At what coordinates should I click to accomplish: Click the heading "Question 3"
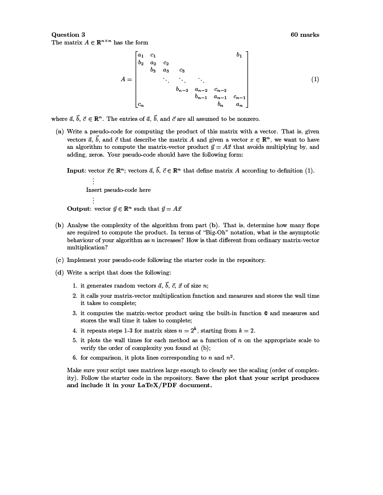pos(68,35)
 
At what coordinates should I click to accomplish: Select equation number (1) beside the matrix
pos(315,79)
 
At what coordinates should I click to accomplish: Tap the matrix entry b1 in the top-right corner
pos(239,55)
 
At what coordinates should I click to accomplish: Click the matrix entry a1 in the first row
pos(140,55)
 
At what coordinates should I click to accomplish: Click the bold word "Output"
pos(79,209)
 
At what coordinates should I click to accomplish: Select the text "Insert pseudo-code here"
pos(118,190)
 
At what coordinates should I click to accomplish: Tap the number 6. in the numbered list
pos(75,358)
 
